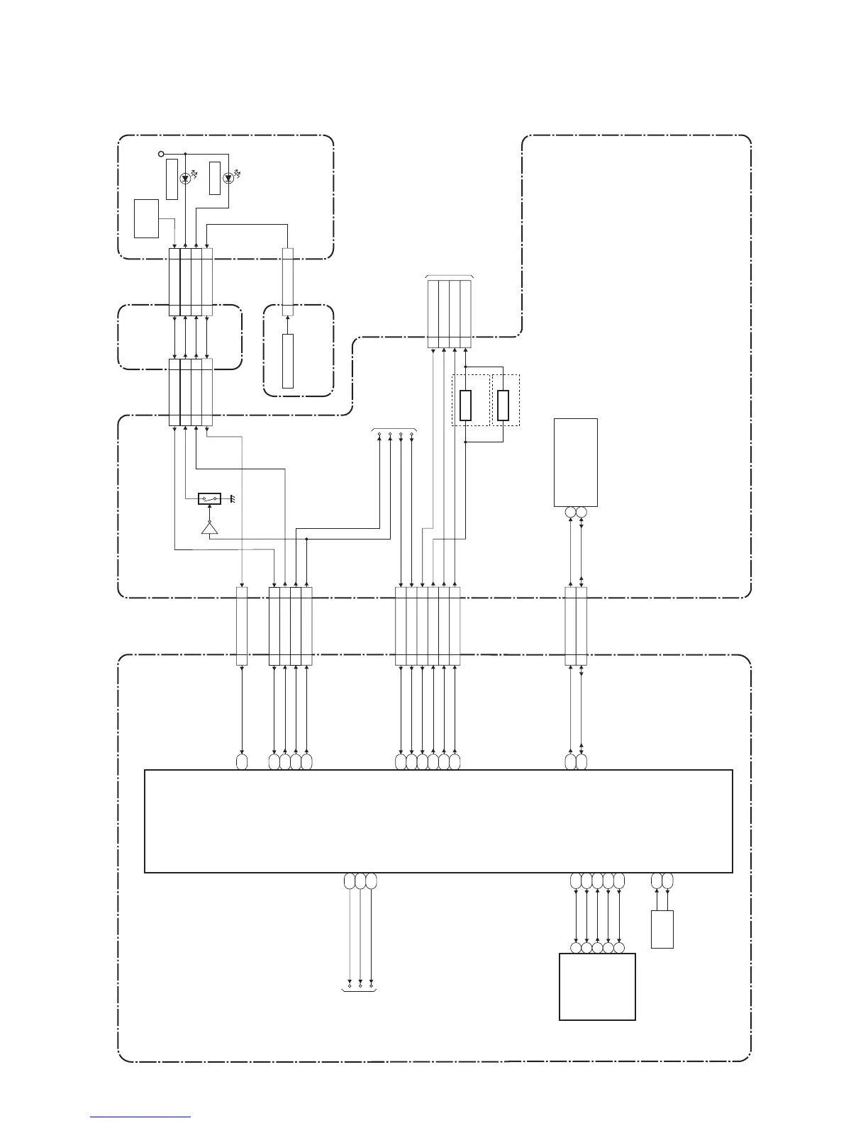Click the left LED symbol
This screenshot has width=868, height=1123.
[185, 179]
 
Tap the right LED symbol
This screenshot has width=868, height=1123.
[228, 179]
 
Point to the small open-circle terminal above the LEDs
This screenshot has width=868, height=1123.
[161, 153]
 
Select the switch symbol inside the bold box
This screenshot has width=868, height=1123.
[210, 498]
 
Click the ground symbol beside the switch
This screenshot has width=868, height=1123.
[231, 499]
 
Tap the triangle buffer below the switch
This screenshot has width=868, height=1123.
[210, 528]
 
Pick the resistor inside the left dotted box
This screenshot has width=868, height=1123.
[465, 405]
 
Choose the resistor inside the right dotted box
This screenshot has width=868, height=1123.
[503, 405]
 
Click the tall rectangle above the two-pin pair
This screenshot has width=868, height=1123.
[575, 462]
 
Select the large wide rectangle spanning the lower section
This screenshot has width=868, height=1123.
[438, 821]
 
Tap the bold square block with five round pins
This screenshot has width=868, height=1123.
[597, 986]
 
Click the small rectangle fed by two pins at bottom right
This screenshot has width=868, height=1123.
[662, 929]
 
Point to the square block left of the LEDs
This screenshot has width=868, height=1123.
[146, 218]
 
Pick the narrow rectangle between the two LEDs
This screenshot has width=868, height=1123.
[215, 178]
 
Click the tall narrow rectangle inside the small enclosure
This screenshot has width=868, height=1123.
[287, 361]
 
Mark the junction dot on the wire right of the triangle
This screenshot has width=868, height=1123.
[306, 539]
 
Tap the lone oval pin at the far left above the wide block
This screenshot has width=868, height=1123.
[241, 762]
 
